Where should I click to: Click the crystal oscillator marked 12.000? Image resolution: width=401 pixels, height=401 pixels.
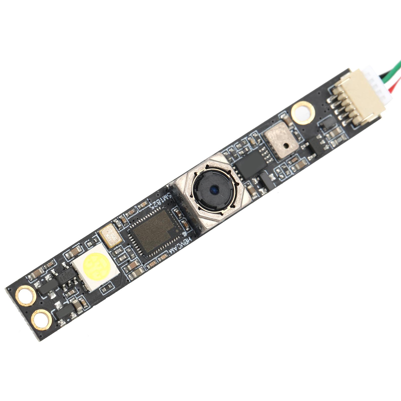point(111,235)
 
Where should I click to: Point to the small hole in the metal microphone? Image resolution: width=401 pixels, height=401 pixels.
point(286,145)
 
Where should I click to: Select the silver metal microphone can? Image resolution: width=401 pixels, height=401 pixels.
point(280,143)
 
